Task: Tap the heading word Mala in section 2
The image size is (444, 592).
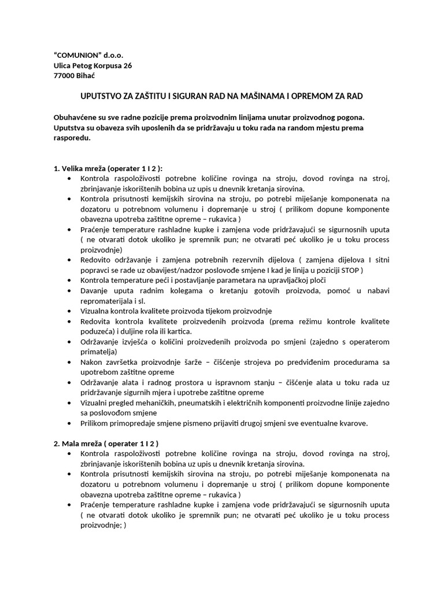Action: [72, 443]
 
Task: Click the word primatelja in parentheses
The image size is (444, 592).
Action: [98, 351]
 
